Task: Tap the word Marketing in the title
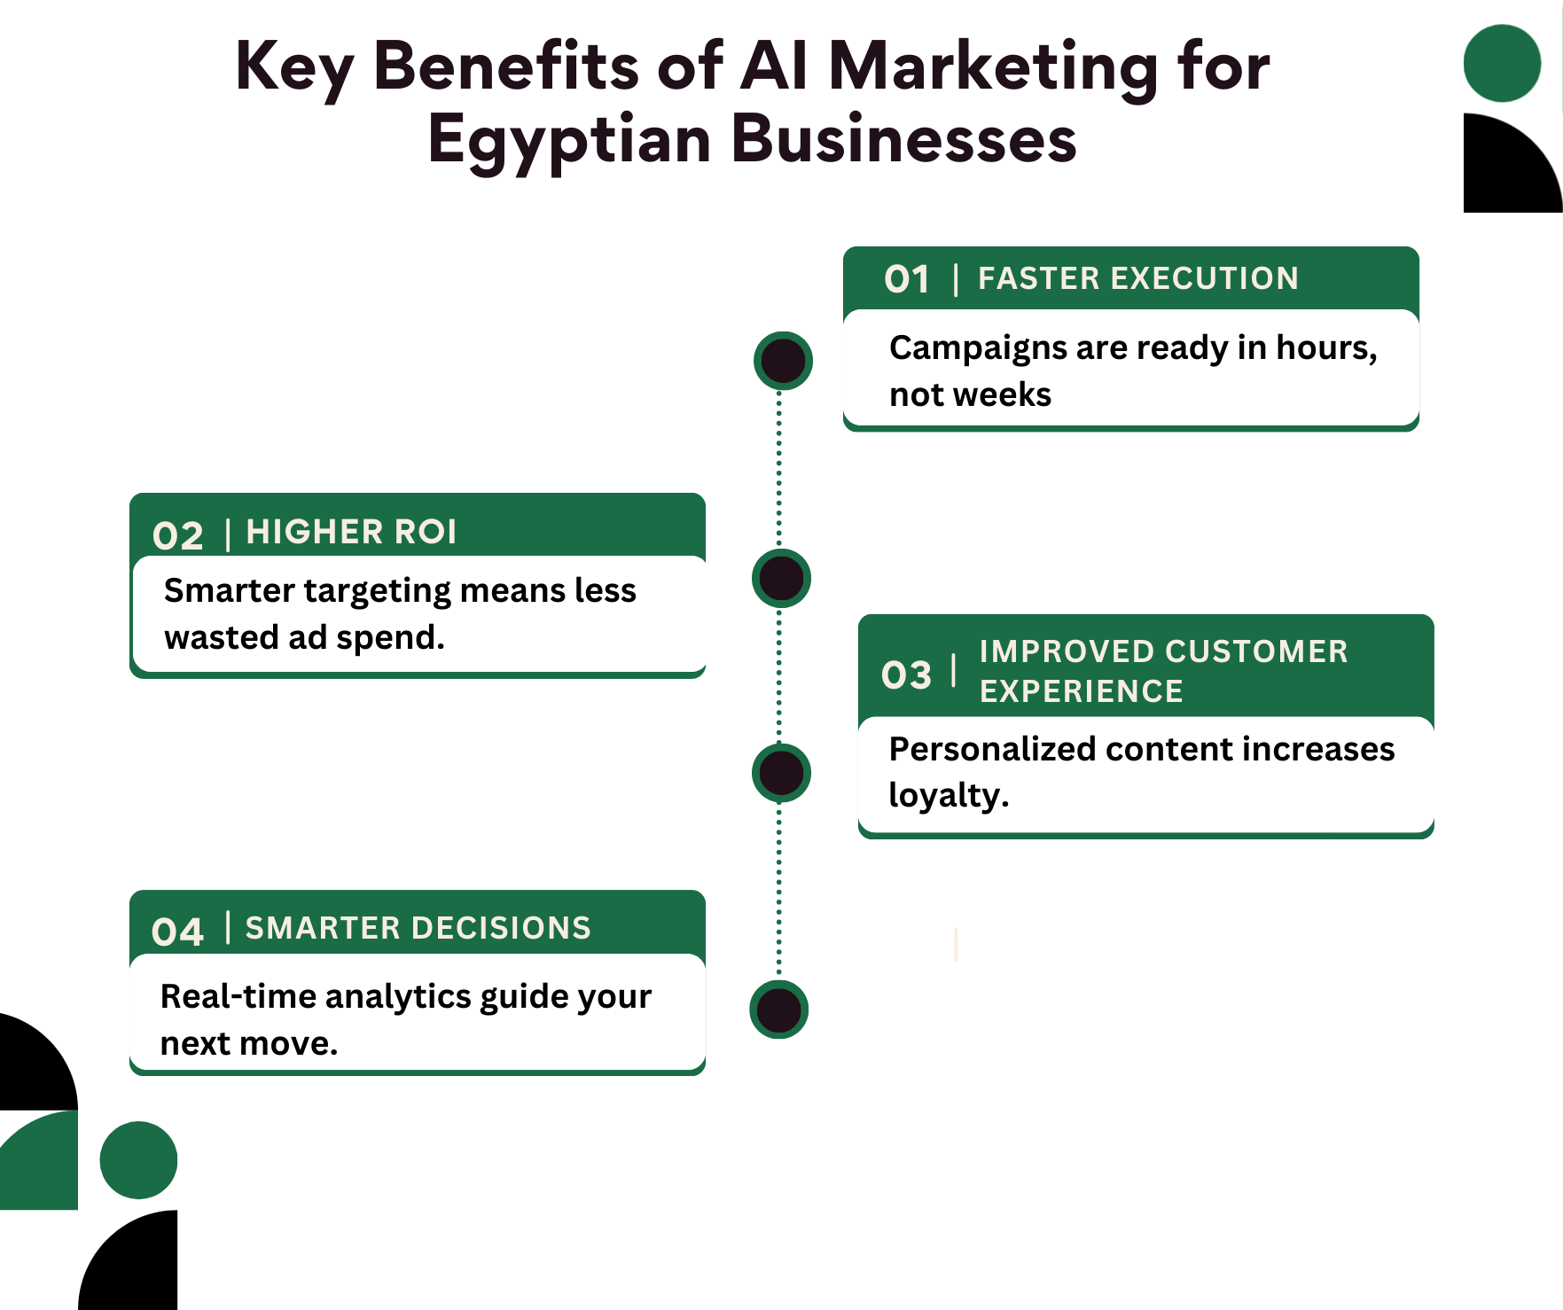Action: [x=993, y=67]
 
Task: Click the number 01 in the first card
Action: [x=907, y=279]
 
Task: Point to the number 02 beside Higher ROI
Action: [x=177, y=535]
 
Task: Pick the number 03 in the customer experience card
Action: [x=906, y=674]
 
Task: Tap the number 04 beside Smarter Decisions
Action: [x=177, y=932]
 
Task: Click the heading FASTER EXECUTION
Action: [x=1138, y=278]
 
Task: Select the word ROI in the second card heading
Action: [x=426, y=532]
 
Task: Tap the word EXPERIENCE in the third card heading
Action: [x=1082, y=691]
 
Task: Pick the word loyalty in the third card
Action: [x=945, y=796]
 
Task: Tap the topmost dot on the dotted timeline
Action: [x=783, y=361]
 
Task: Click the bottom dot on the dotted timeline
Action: [x=779, y=1010]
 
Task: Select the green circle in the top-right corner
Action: [x=1502, y=63]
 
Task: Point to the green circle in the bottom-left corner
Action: [x=138, y=1160]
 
